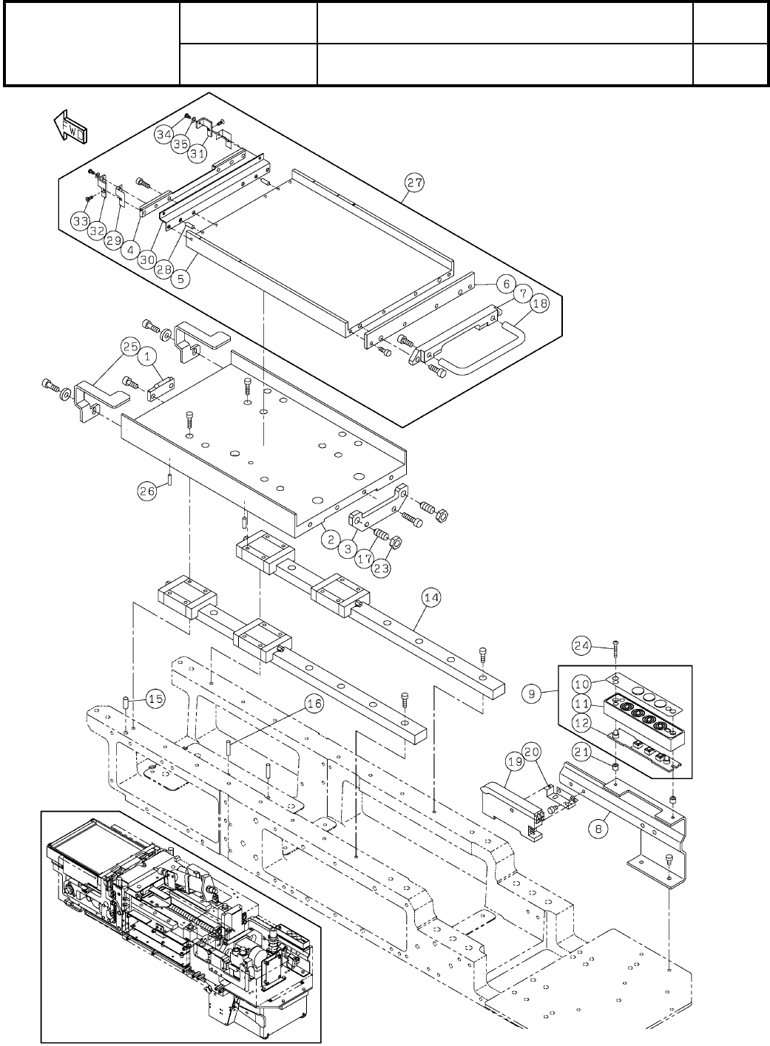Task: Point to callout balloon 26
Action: click(147, 490)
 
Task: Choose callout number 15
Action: click(155, 699)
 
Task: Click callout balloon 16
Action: click(314, 704)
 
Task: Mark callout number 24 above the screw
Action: click(581, 645)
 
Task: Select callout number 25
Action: click(131, 346)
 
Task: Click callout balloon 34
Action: click(164, 134)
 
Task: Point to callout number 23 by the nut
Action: click(382, 569)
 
